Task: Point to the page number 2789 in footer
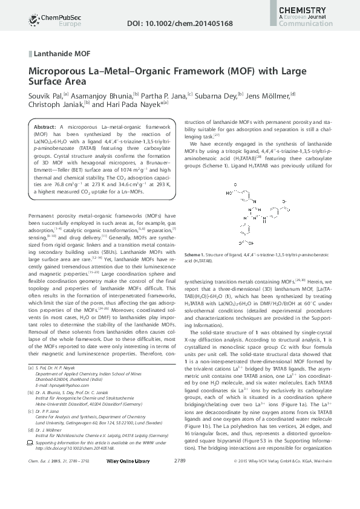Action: pos(180,495)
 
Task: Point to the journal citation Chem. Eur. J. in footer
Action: pos(42,495)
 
